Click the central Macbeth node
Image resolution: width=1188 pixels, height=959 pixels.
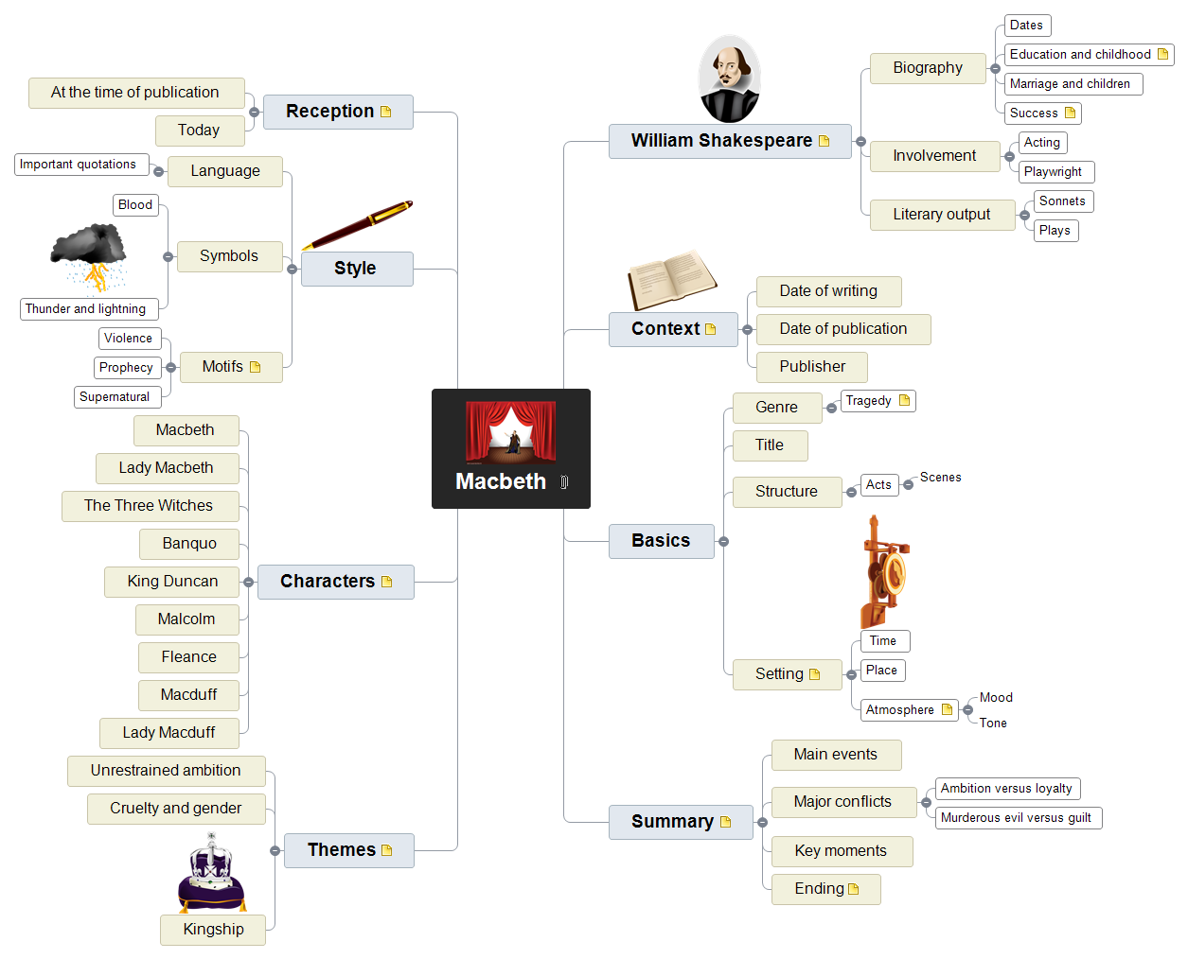click(510, 448)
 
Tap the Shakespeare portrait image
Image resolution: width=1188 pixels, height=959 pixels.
click(729, 79)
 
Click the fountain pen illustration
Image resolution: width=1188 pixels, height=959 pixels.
click(358, 225)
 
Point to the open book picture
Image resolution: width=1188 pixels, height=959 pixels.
click(672, 279)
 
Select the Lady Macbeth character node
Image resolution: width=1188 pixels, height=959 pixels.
click(167, 468)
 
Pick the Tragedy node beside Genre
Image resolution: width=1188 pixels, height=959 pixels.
click(877, 401)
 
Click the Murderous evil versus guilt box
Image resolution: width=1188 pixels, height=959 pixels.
click(1018, 818)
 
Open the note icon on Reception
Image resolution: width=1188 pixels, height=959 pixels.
click(386, 112)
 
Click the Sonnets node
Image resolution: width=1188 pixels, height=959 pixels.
click(1062, 201)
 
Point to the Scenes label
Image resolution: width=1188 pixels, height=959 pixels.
click(940, 478)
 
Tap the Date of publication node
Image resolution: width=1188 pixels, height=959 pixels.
click(842, 329)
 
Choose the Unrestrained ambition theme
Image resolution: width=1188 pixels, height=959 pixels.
click(166, 771)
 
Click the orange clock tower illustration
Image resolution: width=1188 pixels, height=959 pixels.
click(883, 572)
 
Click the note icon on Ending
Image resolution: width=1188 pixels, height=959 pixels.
click(854, 889)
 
